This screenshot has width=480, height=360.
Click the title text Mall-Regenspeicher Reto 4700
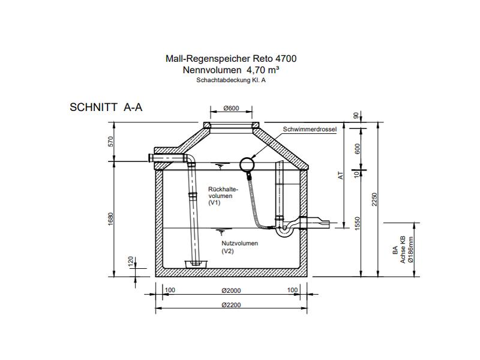(x=230, y=59)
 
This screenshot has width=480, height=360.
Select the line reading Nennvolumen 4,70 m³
(x=230, y=70)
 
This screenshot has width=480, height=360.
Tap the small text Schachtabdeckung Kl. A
(x=230, y=80)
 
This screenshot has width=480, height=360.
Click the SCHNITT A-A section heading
(x=106, y=108)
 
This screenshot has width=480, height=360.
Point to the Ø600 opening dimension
(x=231, y=109)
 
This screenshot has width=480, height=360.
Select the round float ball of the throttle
(x=247, y=164)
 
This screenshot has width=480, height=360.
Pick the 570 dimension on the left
(x=110, y=142)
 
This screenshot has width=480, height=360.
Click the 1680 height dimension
(x=110, y=220)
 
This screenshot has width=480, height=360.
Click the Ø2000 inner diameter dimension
(x=231, y=290)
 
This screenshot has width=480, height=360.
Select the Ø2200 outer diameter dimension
(x=231, y=305)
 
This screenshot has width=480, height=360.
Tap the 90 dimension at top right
(x=358, y=115)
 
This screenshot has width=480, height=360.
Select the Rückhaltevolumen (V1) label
(x=223, y=196)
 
